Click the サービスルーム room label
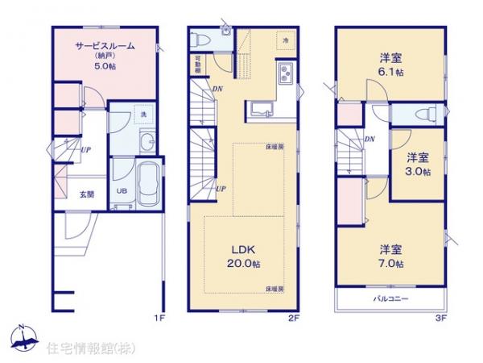pos(105,47)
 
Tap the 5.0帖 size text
pos(105,66)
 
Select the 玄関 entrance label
pos(86,194)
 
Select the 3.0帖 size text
pos(418,171)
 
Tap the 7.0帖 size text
pos(390,263)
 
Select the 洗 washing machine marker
pos(142,115)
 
